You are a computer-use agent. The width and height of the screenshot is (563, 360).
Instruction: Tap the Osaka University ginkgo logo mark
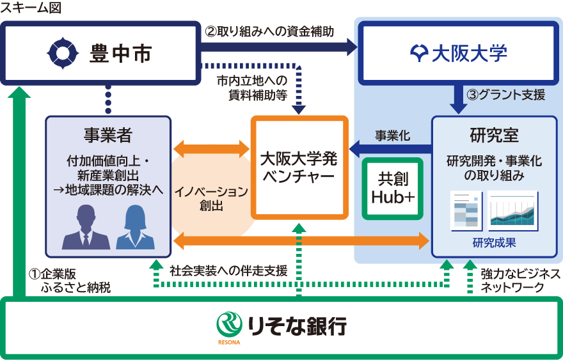point(418,53)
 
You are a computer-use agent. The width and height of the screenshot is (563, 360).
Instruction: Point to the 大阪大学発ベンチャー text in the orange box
point(299,167)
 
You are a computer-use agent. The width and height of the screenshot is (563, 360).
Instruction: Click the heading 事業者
point(107,136)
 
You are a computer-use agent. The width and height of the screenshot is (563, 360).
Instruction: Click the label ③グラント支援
point(505,95)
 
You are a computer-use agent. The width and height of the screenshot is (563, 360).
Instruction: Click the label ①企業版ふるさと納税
point(70,281)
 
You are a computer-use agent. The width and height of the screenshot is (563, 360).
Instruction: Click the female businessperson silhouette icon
point(135,228)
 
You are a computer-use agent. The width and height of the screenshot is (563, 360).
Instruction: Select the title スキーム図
point(28,8)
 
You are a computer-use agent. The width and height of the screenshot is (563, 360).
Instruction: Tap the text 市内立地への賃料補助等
point(251,87)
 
